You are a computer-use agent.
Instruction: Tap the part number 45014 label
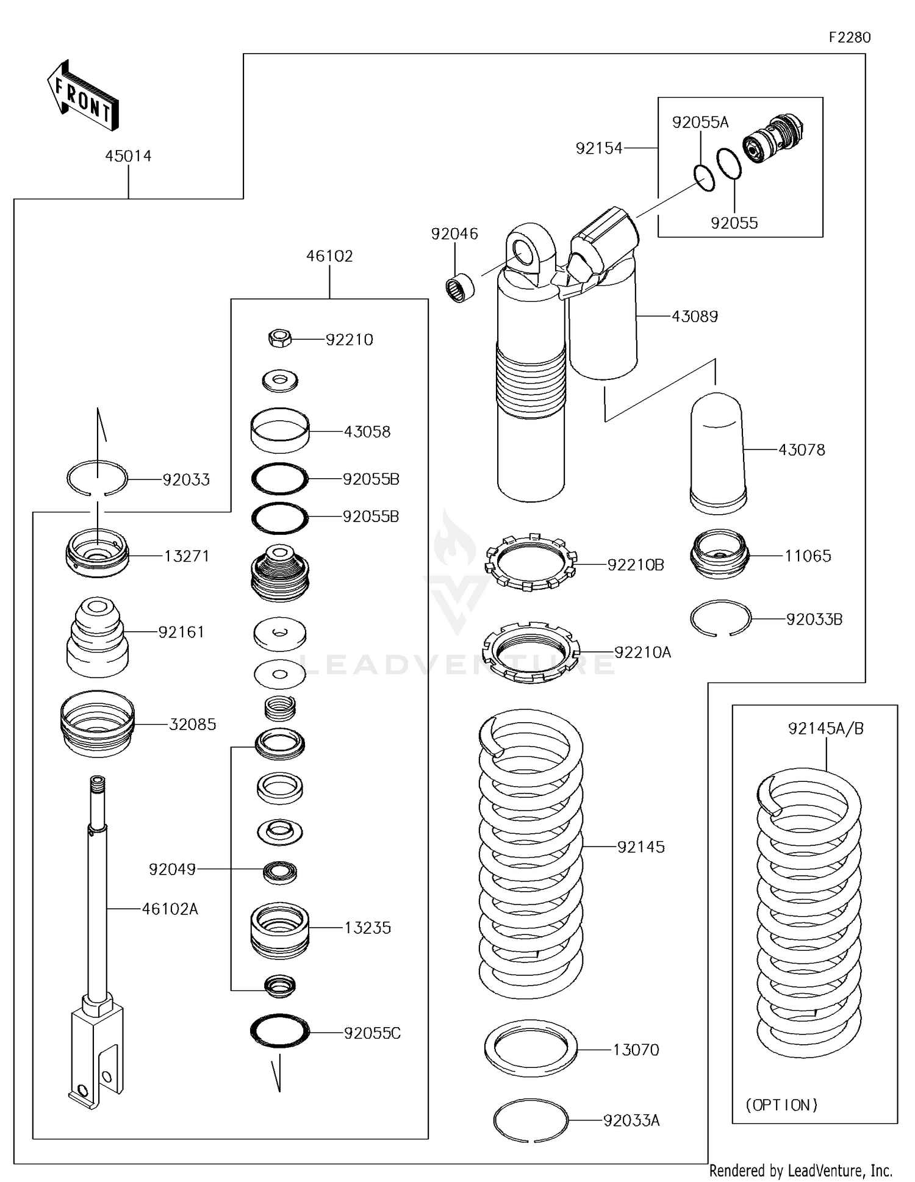[128, 156]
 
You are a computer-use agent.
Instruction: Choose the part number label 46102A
[170, 909]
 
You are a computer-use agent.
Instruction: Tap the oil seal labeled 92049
[280, 873]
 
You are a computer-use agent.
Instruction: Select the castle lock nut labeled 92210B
[530, 562]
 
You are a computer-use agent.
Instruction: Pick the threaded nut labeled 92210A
[529, 652]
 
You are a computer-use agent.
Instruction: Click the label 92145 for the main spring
[640, 847]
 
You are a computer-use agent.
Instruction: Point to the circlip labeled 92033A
[530, 1120]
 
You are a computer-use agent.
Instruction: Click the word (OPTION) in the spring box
[781, 1105]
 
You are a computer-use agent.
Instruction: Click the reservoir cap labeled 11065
[719, 554]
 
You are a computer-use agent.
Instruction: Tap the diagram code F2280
[849, 38]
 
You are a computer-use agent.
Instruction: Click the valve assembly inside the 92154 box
[774, 139]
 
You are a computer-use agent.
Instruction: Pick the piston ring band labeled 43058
[280, 431]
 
